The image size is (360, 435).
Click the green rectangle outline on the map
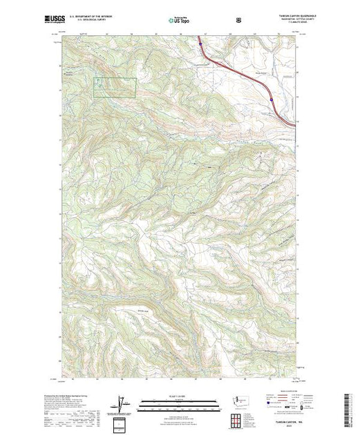click(115, 86)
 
